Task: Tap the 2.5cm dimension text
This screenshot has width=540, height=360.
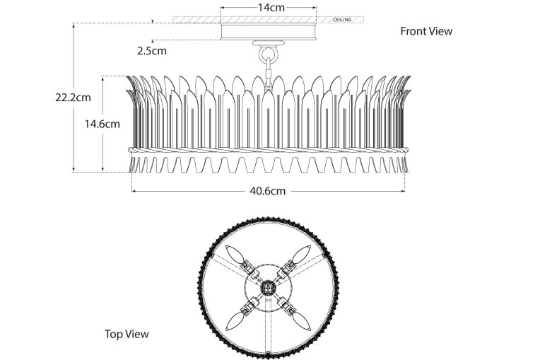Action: pyautogui.click(x=152, y=50)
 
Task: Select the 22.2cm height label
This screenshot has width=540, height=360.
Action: pyautogui.click(x=73, y=98)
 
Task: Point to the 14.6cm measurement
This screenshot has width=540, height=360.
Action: pyautogui.click(x=102, y=124)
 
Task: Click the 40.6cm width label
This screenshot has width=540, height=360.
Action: pyautogui.click(x=267, y=191)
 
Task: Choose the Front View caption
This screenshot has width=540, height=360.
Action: pyautogui.click(x=426, y=31)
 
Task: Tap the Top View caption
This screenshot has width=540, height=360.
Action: pyautogui.click(x=127, y=334)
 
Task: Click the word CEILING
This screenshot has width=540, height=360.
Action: pyautogui.click(x=343, y=20)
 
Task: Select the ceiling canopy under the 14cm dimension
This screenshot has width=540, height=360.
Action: pyautogui.click(x=268, y=32)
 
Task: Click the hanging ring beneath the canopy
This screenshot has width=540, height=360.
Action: pyautogui.click(x=268, y=54)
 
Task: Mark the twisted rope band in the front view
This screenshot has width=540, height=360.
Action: pyautogui.click(x=268, y=150)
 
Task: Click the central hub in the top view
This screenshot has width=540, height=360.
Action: pyautogui.click(x=269, y=288)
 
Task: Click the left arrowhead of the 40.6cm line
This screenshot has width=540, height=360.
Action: pyautogui.click(x=134, y=191)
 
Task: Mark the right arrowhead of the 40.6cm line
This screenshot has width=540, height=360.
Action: pyautogui.click(x=403, y=191)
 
